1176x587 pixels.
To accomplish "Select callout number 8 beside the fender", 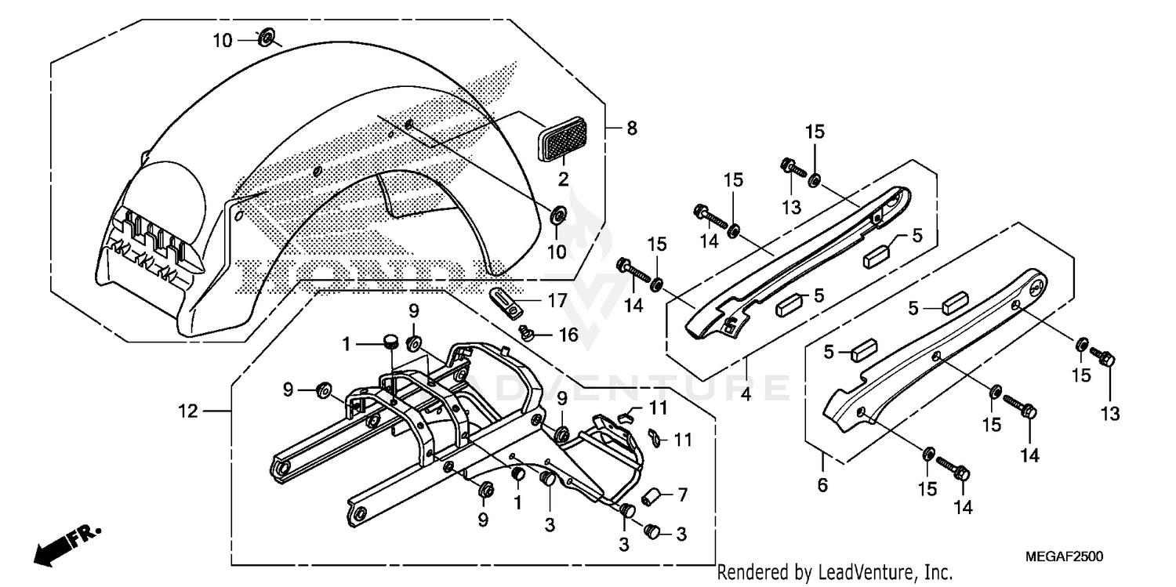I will pyautogui.click(x=632, y=127).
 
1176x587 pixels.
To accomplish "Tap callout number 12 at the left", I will pyautogui.click(x=188, y=410).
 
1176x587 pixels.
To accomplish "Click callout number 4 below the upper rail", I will pyautogui.click(x=746, y=393).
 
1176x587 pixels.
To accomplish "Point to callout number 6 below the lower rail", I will pyautogui.click(x=822, y=486).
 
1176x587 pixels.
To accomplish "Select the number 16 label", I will pyautogui.click(x=568, y=335).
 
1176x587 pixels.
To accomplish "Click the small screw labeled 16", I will pyautogui.click(x=528, y=335).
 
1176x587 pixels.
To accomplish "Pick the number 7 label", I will pyautogui.click(x=682, y=495).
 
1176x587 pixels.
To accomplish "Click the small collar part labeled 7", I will pyautogui.click(x=649, y=497).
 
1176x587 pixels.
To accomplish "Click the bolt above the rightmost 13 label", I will pyautogui.click(x=1106, y=361).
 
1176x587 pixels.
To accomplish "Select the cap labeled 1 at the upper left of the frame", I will pyautogui.click(x=390, y=341).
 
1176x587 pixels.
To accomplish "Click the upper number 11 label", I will pyautogui.click(x=657, y=409).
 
